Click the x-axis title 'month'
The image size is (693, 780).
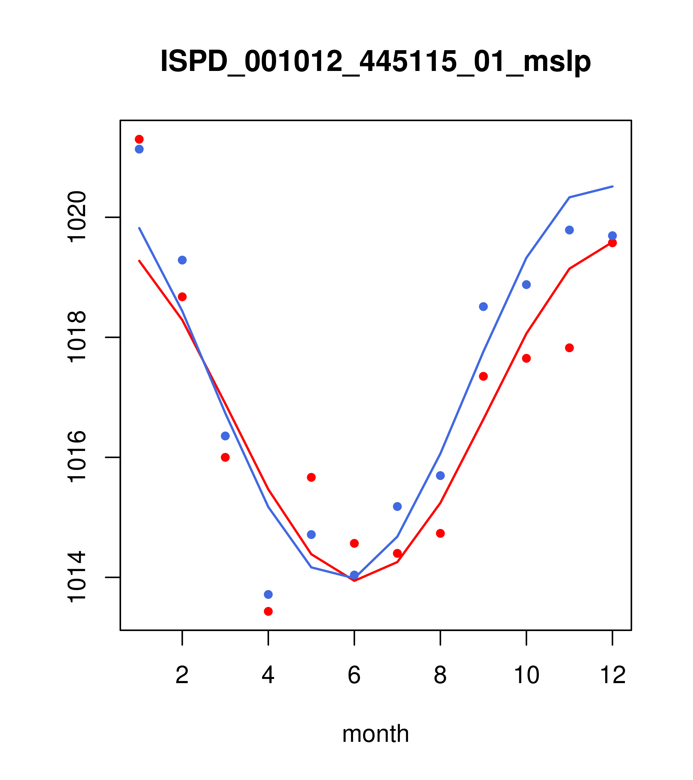tap(375, 734)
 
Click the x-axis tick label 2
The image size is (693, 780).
tap(182, 676)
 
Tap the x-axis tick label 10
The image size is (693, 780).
tap(526, 676)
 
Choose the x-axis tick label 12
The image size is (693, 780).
tap(613, 676)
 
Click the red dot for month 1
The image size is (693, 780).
tap(139, 139)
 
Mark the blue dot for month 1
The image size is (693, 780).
tap(139, 149)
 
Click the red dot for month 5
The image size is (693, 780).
tap(311, 477)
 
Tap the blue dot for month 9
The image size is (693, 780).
tap(483, 306)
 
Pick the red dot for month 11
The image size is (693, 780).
tap(570, 348)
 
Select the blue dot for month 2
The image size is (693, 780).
tap(182, 260)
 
